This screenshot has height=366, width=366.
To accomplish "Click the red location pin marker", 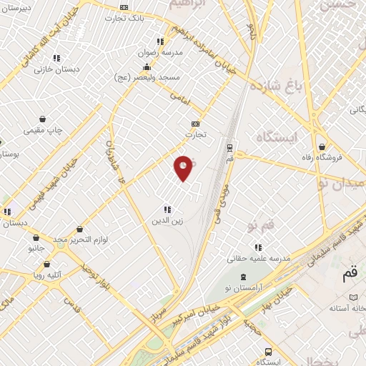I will (183, 167).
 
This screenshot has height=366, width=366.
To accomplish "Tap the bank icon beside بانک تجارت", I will (124, 7).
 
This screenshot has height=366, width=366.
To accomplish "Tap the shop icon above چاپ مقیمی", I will (44, 119).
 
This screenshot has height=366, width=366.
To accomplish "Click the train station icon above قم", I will (229, 147).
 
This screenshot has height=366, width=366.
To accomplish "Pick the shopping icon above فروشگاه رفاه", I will (322, 147).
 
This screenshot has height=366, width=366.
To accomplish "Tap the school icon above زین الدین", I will (167, 210).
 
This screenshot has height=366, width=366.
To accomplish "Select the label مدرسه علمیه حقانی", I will (258, 257).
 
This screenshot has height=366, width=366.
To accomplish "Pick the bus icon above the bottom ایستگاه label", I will (268, 352).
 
